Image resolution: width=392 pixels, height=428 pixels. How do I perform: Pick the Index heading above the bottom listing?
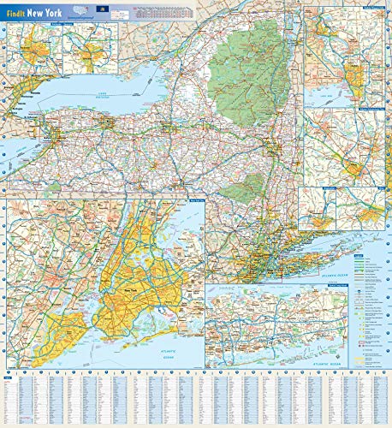tap(8, 375)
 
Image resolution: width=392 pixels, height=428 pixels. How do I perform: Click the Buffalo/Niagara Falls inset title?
tap(39, 24)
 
